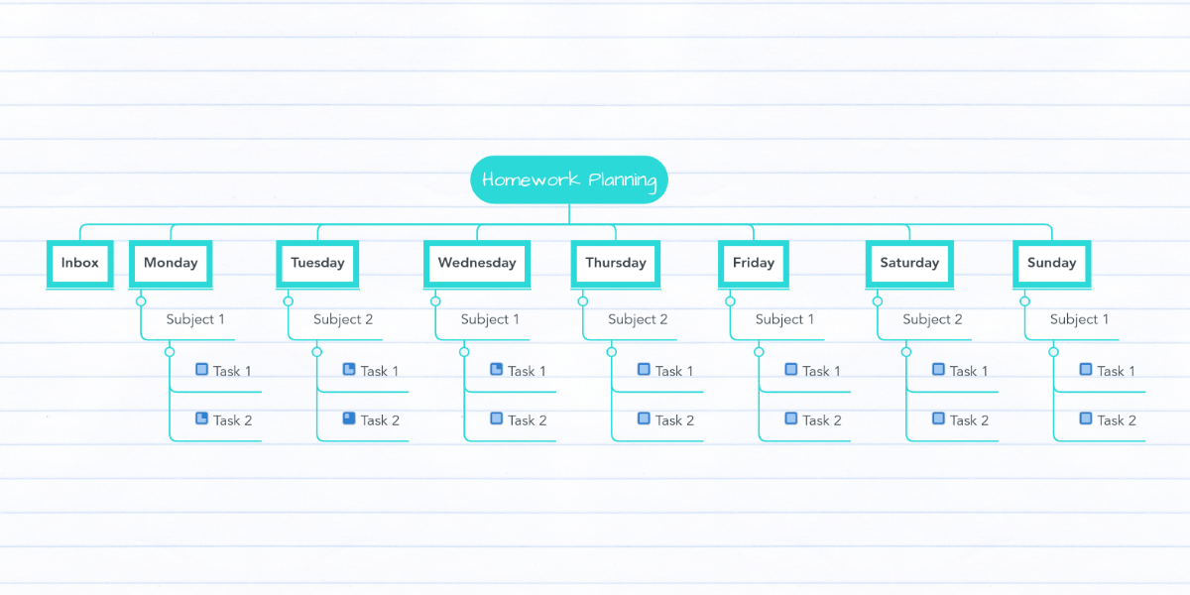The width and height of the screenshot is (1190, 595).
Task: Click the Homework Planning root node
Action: (569, 179)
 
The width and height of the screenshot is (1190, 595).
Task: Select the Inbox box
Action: (79, 264)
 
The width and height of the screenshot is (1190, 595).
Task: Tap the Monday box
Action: (171, 264)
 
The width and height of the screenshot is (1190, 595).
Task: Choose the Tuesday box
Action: (317, 264)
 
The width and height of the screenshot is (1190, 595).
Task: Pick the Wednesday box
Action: (477, 264)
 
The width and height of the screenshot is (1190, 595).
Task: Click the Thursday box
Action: (616, 264)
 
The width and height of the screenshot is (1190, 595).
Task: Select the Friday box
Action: (754, 264)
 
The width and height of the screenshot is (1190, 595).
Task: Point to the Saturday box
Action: (909, 264)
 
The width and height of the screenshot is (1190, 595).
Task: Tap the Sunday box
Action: (1052, 264)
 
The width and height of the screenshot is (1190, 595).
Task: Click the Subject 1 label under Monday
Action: (195, 319)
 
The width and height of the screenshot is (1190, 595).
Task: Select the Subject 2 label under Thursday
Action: (638, 319)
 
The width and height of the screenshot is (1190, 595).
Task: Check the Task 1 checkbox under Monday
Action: (202, 369)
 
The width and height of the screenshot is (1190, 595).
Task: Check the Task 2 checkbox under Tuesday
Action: (349, 418)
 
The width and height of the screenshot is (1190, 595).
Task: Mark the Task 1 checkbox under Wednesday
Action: (496, 369)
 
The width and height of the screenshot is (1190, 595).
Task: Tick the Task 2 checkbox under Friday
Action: (791, 418)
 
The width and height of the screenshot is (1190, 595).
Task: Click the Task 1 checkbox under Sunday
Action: (1086, 369)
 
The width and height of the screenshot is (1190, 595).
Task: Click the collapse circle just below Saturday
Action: (878, 301)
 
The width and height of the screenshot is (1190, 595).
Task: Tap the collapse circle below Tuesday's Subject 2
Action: (317, 352)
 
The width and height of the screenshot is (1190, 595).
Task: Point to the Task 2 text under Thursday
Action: (674, 420)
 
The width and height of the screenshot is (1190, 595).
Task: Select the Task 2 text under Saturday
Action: (969, 420)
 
